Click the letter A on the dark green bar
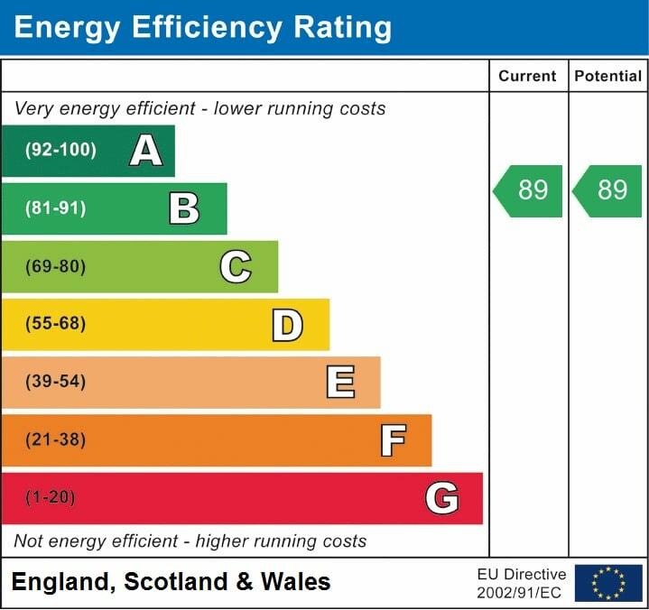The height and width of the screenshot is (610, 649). pyautogui.click(x=146, y=151)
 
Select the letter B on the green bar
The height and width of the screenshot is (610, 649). pyautogui.click(x=184, y=208)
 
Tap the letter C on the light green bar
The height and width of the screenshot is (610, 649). pyautogui.click(x=236, y=266)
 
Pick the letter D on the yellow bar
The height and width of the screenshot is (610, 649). pyautogui.click(x=287, y=325)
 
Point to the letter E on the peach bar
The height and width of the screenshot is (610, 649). pyautogui.click(x=340, y=383)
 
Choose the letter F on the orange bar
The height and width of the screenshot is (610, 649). pyautogui.click(x=393, y=440)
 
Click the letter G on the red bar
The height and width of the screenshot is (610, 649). pyautogui.click(x=442, y=498)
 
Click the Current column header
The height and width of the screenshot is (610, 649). pyautogui.click(x=528, y=77)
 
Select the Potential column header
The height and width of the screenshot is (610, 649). pyautogui.click(x=608, y=77)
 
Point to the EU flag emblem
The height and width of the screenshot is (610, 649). pyautogui.click(x=608, y=583)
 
